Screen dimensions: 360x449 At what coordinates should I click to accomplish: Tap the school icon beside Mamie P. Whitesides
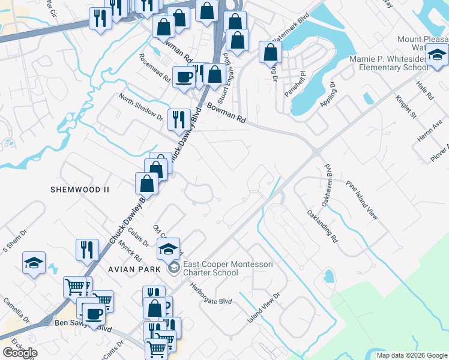436,56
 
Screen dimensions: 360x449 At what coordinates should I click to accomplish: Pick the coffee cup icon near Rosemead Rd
184,76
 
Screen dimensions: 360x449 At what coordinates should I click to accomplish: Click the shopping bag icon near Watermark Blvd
270,52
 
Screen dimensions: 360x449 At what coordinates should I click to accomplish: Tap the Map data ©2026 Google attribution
412,355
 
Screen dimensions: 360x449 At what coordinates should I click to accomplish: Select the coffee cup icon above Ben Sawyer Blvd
94,313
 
